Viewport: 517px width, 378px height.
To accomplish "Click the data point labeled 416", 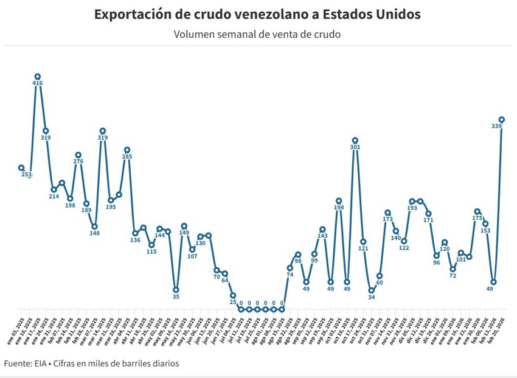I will [38, 77].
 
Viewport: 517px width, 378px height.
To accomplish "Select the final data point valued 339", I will [502, 119].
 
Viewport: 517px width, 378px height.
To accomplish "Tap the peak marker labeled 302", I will [355, 141].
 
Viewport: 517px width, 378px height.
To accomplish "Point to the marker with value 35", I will [176, 290].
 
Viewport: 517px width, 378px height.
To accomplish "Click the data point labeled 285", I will [127, 150].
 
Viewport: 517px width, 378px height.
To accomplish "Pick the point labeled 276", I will [78, 155].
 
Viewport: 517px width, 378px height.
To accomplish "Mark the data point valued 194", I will [339, 201].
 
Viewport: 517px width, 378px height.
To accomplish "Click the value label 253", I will [26, 175].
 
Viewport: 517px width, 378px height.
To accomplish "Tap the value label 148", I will [94, 233].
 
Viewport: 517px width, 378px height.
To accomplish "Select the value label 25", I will [233, 303].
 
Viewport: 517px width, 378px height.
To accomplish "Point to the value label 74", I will [290, 275].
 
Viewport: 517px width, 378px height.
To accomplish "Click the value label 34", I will [371, 298].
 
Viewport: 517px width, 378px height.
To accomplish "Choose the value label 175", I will [477, 218].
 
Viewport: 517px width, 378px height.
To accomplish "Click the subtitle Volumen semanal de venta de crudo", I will [257, 34].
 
